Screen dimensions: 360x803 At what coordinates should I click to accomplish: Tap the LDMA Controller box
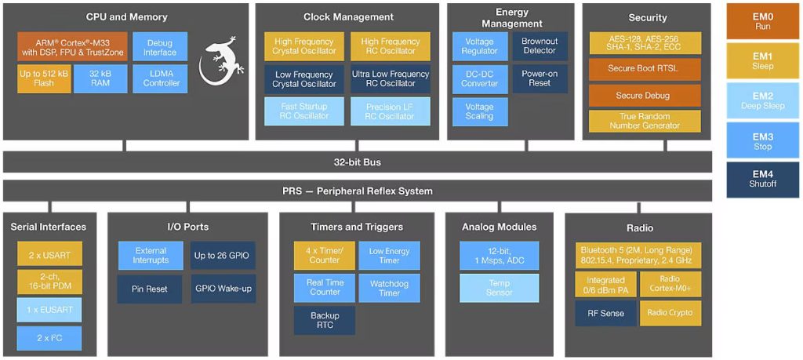160,78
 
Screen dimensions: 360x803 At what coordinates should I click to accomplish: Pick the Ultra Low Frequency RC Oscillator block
391,78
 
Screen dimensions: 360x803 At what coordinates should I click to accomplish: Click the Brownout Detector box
540,47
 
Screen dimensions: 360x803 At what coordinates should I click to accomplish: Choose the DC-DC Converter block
479,78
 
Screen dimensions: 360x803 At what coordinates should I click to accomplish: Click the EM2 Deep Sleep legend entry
763,100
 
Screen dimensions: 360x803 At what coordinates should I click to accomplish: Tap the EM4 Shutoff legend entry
763,180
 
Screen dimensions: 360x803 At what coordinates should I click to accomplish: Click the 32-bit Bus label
357,162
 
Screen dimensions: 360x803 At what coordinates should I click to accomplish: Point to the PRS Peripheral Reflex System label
357,191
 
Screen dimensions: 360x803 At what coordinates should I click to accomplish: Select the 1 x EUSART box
49,310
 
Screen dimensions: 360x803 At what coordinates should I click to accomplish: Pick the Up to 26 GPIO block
223,256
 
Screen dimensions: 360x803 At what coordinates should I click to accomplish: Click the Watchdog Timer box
389,288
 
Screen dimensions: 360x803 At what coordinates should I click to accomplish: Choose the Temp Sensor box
500,288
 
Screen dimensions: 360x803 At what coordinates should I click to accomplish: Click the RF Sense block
605,313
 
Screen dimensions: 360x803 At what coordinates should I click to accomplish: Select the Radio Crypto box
670,313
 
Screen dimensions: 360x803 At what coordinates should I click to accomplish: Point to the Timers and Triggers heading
357,227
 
